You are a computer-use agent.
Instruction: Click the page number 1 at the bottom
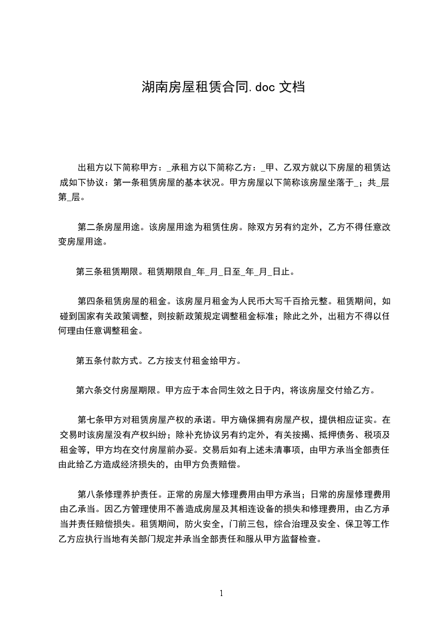pos(221,593)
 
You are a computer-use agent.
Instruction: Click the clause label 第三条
pos(89,272)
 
